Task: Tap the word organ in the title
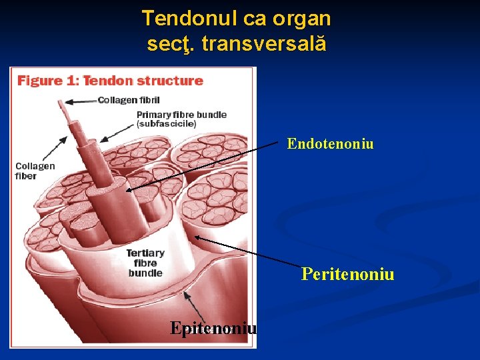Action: pos(303,18)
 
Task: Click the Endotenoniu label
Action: pos(330,143)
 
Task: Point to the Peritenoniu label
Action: pos(347,274)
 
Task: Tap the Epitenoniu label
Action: pos(213,328)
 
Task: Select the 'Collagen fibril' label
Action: pos(129,100)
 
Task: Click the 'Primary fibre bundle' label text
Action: pos(181,114)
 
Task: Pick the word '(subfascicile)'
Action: pos(166,123)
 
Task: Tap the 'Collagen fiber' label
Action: pos(35,171)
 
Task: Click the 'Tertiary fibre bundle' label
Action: pos(145,263)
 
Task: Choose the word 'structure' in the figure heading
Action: pos(171,81)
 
